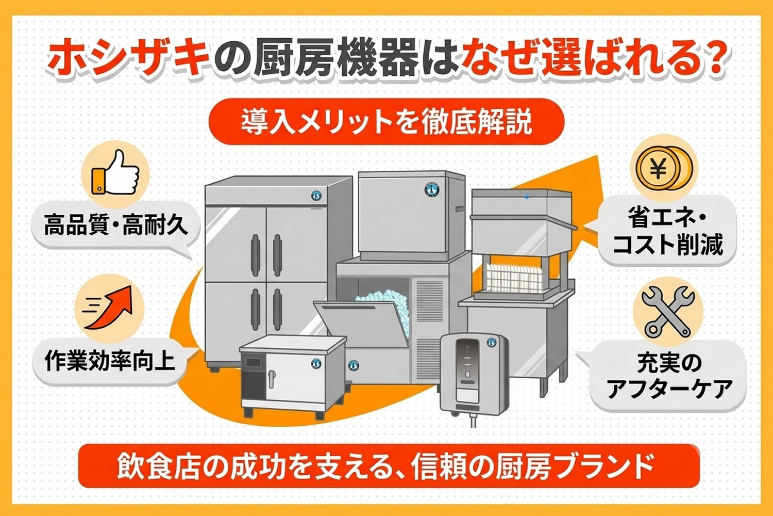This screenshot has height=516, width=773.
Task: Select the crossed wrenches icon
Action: click(x=667, y=312)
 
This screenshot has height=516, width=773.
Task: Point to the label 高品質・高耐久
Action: click(x=116, y=225)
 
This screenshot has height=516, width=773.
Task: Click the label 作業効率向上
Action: click(x=110, y=361)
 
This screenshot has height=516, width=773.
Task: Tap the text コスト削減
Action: click(x=667, y=245)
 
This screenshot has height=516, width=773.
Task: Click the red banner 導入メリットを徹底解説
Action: click(x=386, y=122)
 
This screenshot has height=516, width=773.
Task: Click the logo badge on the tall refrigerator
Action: click(x=316, y=196)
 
